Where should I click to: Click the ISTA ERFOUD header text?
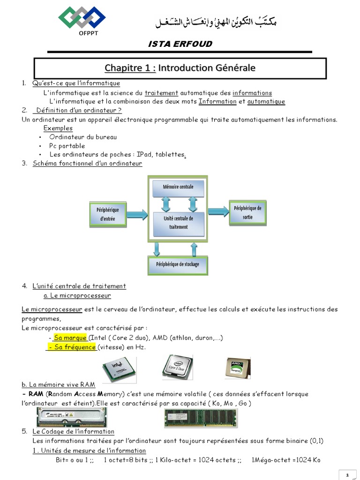[x=180, y=44]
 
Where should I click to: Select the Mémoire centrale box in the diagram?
[x=178, y=187]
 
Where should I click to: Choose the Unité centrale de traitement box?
[x=178, y=223]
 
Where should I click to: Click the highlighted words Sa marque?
[x=70, y=338]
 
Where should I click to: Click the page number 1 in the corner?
[x=347, y=475]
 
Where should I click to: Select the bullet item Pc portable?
[x=67, y=146]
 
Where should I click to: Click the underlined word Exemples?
[x=58, y=128]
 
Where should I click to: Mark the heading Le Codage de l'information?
[x=73, y=431]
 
